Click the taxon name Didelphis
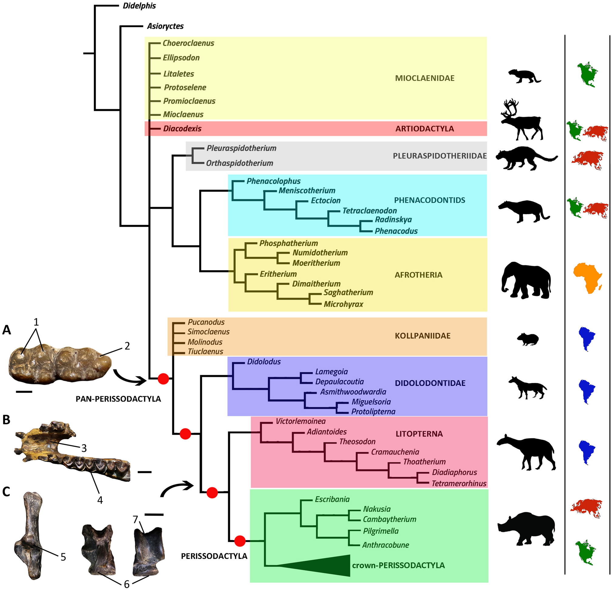click(139, 6)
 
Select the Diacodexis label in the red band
click(182, 129)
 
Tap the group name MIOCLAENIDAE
click(425, 78)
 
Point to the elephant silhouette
click(526, 280)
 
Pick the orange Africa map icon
click(587, 277)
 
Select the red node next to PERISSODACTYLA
click(240, 541)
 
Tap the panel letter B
click(6, 420)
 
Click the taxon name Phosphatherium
click(288, 243)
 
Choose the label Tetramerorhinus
click(459, 483)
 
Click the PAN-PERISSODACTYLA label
click(118, 399)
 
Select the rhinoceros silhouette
click(526, 529)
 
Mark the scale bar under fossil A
click(24, 391)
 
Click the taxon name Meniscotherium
click(307, 190)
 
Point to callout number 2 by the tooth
click(127, 346)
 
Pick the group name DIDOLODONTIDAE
click(430, 383)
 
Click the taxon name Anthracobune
click(385, 545)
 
